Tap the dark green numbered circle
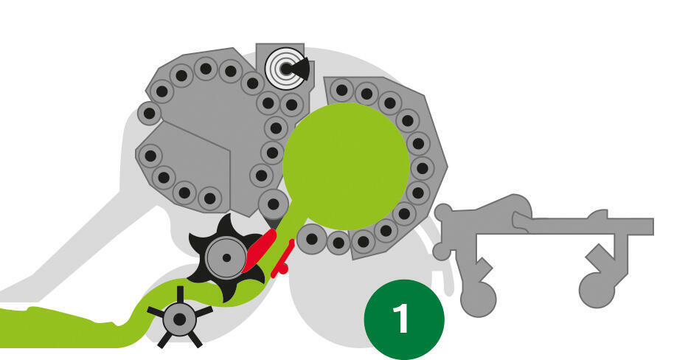tap(404, 319)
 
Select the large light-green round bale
tap(346, 167)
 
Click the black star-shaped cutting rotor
tap(227, 258)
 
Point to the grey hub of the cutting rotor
tap(227, 258)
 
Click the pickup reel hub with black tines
tap(179, 319)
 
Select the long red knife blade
tap(260, 251)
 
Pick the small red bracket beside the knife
tap(283, 260)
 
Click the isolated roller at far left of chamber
tap(149, 114)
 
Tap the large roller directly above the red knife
tap(274, 204)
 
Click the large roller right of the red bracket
tap(311, 239)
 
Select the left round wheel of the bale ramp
tap(479, 300)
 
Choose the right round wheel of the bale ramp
tap(597, 290)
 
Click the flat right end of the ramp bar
tap(653, 226)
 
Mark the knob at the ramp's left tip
tap(443, 213)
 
